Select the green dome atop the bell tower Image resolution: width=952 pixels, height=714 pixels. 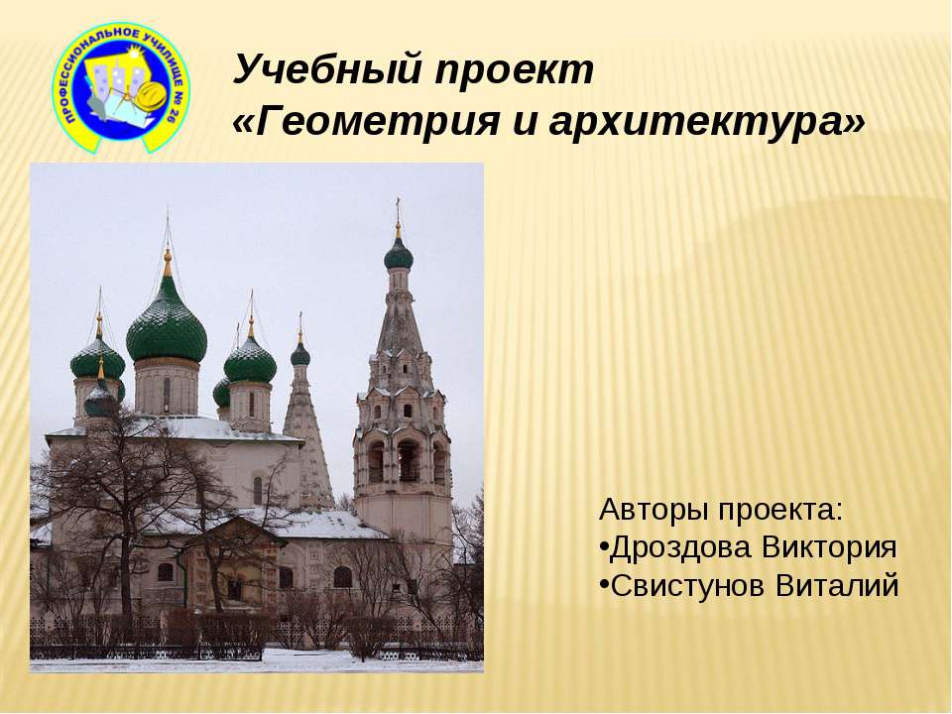point(399,255)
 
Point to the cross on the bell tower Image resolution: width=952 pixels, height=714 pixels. point(399,210)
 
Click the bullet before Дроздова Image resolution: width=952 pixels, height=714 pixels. point(604,548)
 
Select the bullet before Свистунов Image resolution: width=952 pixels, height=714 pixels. point(604,586)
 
